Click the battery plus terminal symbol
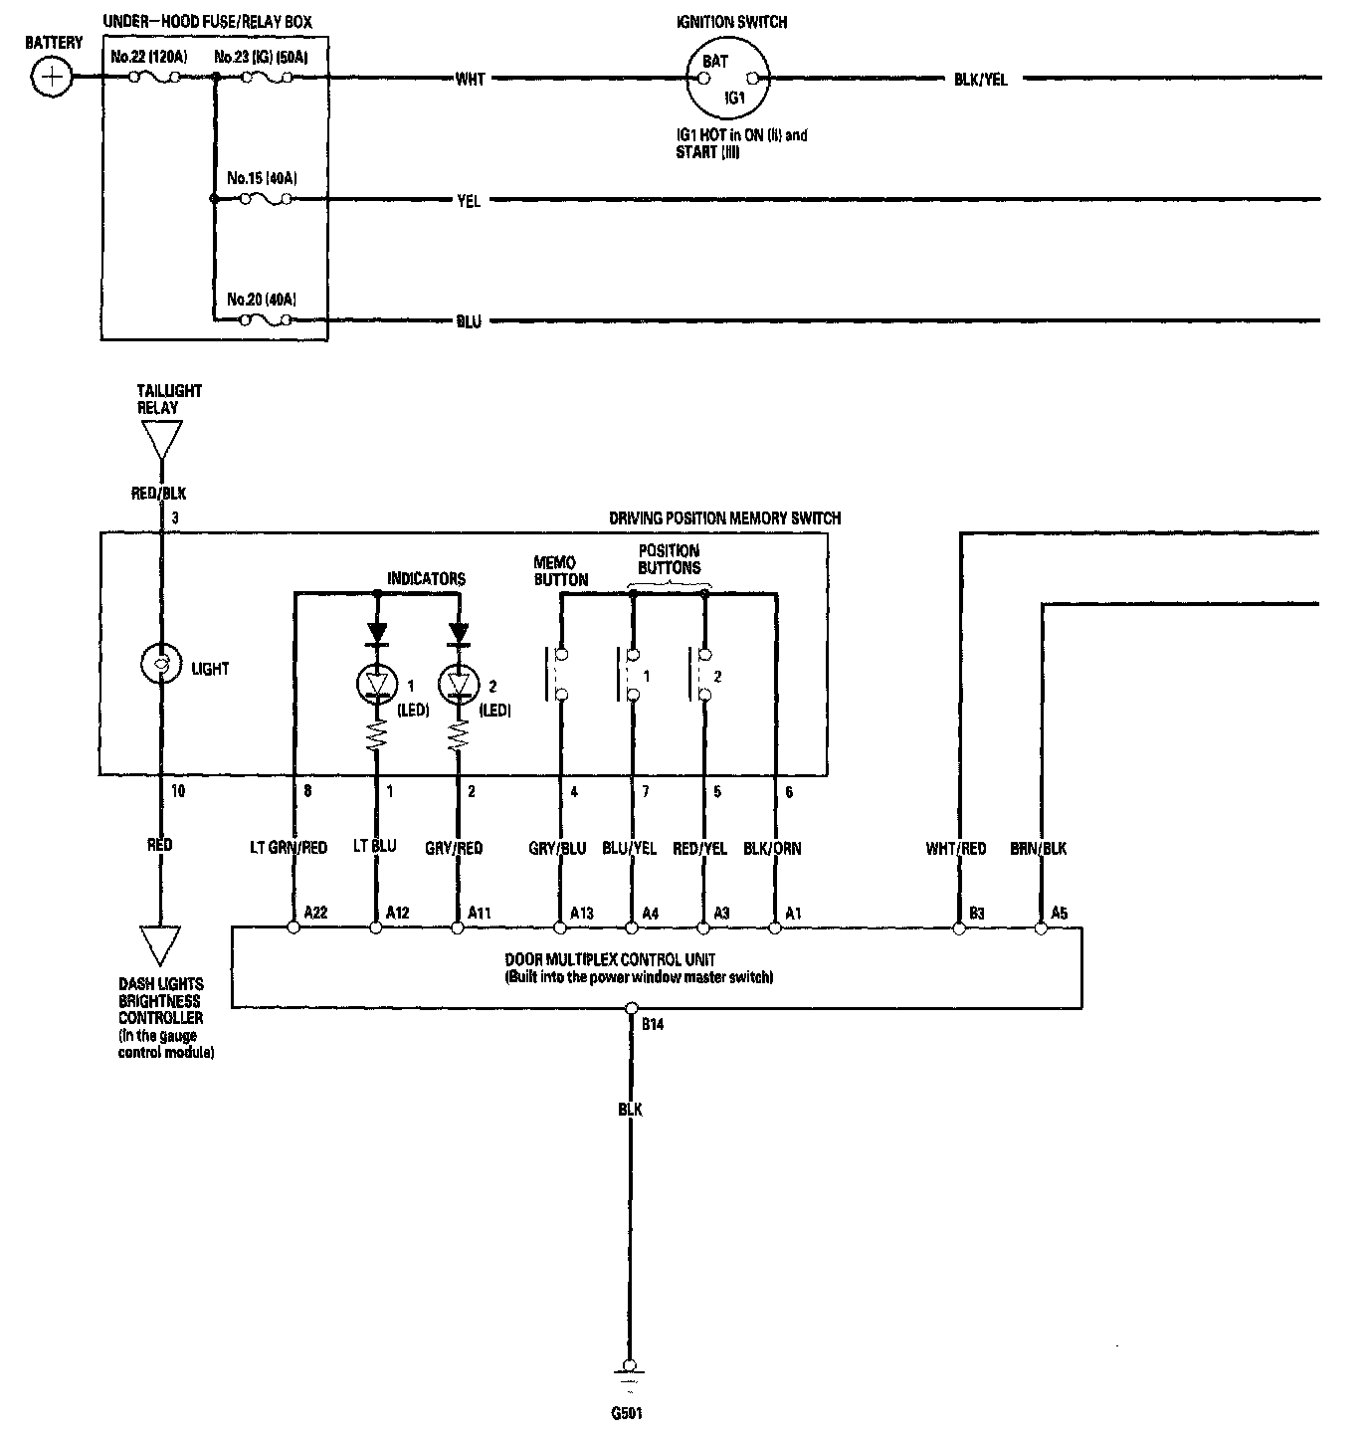(52, 77)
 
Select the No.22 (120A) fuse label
(149, 57)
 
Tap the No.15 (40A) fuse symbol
(266, 199)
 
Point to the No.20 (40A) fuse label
(262, 299)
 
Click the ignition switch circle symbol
(727, 79)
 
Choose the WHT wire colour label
(470, 79)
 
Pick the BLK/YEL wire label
(980, 79)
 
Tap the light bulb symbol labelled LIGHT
(159, 664)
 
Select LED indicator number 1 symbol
(376, 683)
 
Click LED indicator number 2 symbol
(458, 683)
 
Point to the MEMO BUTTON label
(561, 571)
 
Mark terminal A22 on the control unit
(293, 927)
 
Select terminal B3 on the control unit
(959, 927)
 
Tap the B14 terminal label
(652, 1024)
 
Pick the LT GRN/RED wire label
(289, 848)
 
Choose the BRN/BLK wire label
(1038, 848)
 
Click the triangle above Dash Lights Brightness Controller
(160, 943)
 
